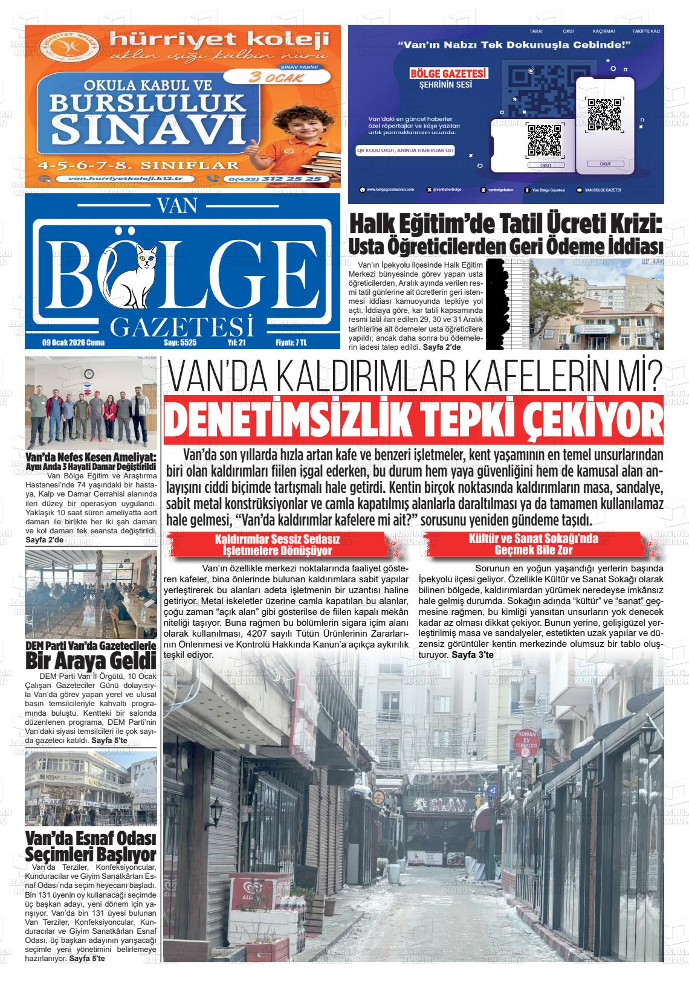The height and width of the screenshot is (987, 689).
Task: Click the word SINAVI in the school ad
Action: click(143, 128)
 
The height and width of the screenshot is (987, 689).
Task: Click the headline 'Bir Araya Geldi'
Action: click(91, 660)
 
